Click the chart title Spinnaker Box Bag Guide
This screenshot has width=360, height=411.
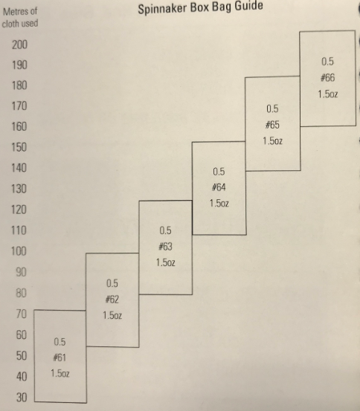point(201,7)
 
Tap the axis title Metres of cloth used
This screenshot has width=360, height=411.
point(20,18)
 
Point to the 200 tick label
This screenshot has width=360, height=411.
point(19,45)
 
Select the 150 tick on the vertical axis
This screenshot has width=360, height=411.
point(19,147)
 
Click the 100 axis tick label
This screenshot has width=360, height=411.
point(19,251)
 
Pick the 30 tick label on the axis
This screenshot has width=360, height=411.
point(22,398)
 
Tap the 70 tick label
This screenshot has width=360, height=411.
point(22,314)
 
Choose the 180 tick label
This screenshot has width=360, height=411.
point(19,85)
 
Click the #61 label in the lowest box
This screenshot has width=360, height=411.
point(60,357)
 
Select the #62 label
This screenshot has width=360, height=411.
point(112,299)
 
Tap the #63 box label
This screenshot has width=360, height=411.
point(165,247)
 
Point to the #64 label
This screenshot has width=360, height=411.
point(219,187)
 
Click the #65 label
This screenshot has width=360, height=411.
point(272,125)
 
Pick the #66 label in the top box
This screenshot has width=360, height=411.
point(327,77)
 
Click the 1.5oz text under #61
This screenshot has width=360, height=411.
point(60,373)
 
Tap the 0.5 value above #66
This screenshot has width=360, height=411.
point(327,62)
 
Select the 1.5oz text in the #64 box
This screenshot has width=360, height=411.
point(219,203)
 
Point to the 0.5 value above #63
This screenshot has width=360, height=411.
point(165,230)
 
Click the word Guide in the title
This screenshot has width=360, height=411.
point(248,6)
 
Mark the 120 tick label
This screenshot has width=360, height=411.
point(19,210)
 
